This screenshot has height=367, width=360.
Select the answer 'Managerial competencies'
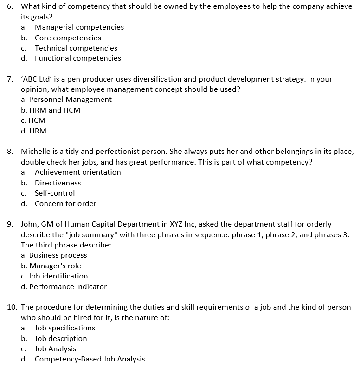[79, 27]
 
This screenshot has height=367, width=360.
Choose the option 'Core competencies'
[68, 38]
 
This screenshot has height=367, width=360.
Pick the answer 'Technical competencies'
[76, 48]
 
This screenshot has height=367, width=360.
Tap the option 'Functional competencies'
[77, 58]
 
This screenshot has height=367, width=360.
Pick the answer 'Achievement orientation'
[77, 172]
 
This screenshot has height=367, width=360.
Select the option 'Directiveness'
[58, 183]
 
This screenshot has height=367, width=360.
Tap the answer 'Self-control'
[54, 193]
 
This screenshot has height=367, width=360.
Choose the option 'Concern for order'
[65, 204]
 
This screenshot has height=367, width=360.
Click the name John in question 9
[29, 224]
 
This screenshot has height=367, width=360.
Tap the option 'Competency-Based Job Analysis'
[90, 359]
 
